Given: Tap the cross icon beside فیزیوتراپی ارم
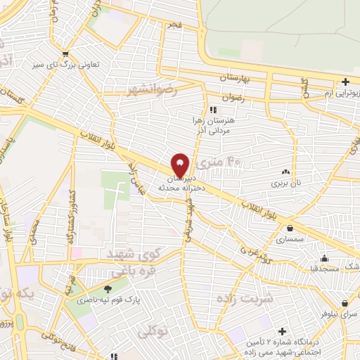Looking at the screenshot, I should tap(345, 82).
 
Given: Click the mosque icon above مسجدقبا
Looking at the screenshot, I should tap(323, 257).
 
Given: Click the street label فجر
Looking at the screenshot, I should tap(172, 25).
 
